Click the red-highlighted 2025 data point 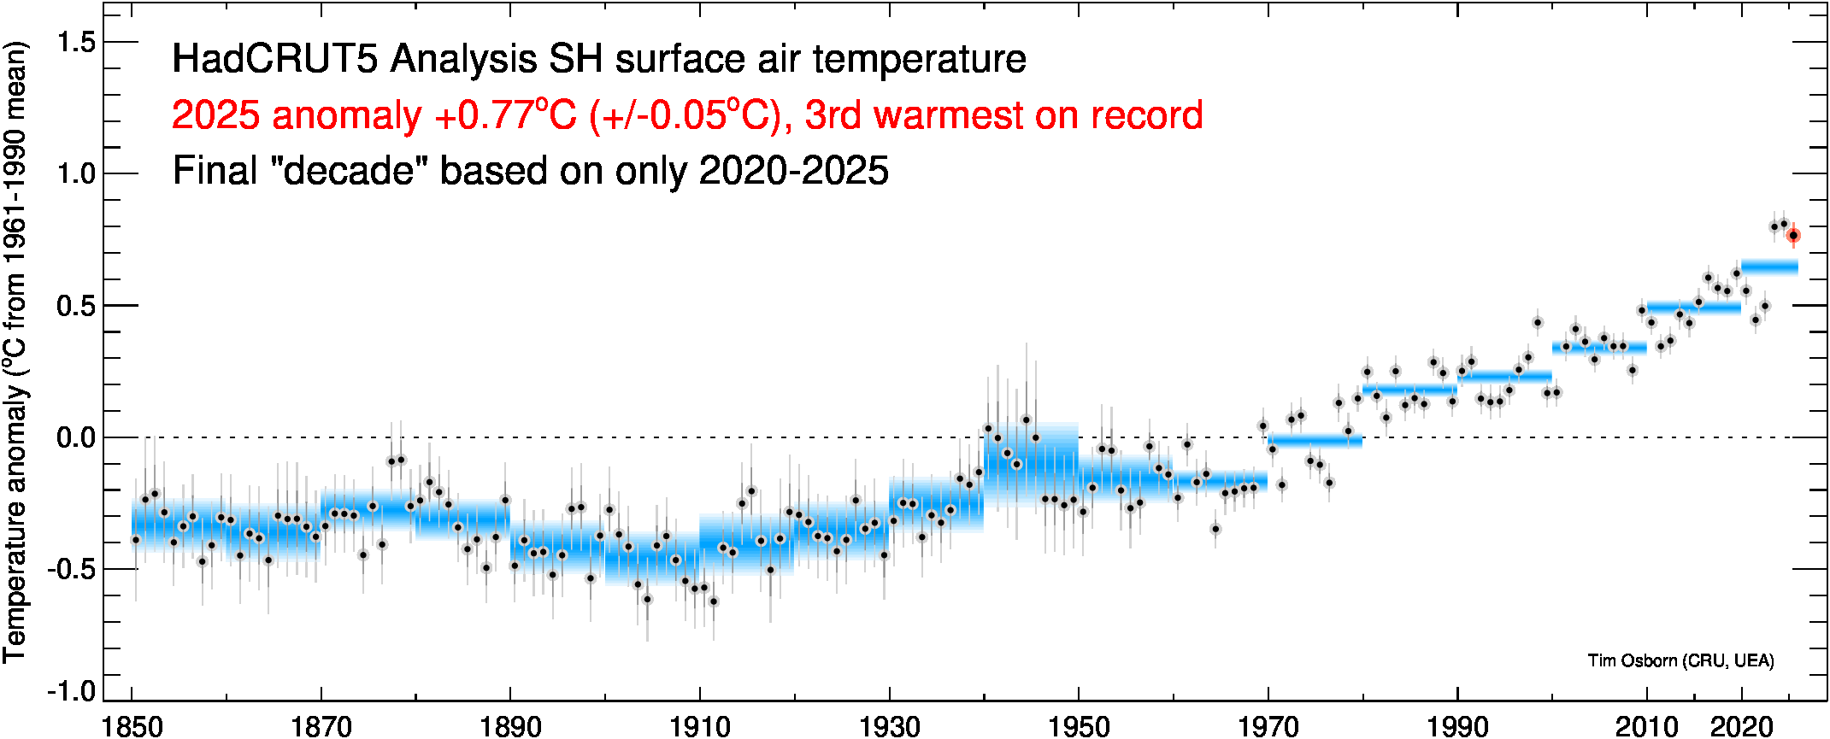pos(1793,235)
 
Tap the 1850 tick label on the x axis pos(132,726)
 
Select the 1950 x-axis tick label pos(1079,726)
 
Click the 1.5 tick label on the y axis pos(76,42)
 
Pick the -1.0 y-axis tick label pos(72,690)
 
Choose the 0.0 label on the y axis pos(76,438)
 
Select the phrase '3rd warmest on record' pos(1004,115)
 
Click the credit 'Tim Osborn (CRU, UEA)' pos(1680,660)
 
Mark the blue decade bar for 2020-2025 pos(1769,267)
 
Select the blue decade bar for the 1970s pos(1315,441)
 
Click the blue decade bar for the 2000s pos(1599,347)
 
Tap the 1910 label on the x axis pos(700,726)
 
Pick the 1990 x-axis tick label pos(1457,726)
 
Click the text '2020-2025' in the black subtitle pos(794,171)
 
